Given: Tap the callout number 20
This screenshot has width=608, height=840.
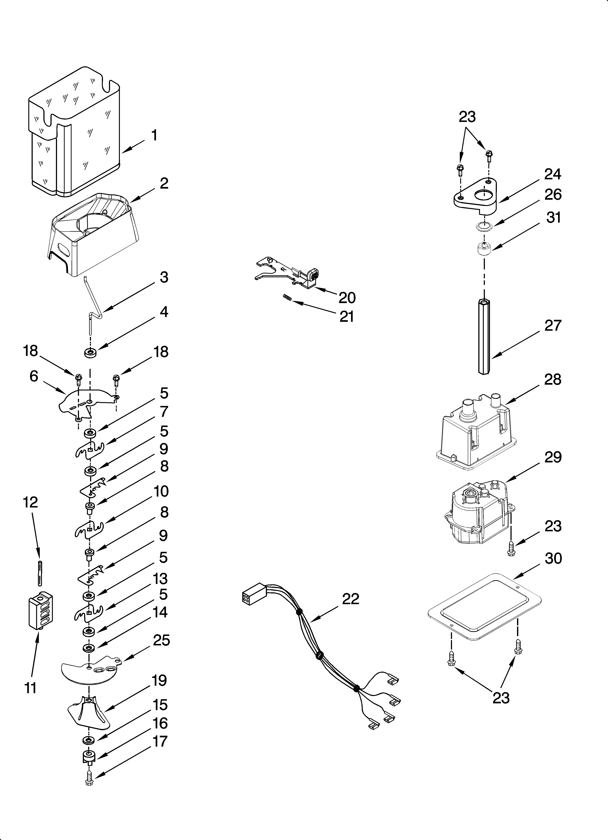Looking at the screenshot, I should tap(347, 297).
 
